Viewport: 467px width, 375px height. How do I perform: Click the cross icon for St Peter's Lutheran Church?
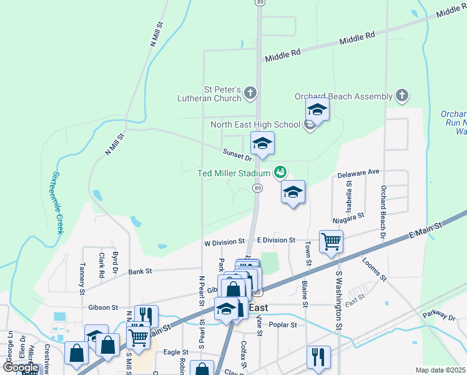pyautogui.click(x=250, y=94)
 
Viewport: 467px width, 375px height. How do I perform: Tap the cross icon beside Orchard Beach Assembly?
pyautogui.click(x=402, y=96)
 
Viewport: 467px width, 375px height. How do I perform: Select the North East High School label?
pyautogui.click(x=255, y=124)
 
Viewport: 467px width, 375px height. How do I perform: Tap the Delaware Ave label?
pyautogui.click(x=358, y=172)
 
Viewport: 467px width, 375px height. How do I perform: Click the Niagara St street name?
pyautogui.click(x=349, y=216)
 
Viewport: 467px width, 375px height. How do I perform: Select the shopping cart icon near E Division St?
pyautogui.click(x=331, y=241)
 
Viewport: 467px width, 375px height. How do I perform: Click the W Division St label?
pyautogui.click(x=224, y=241)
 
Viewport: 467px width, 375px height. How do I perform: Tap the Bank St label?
pyautogui.click(x=140, y=271)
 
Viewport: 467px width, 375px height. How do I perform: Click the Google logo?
pyautogui.click(x=21, y=367)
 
